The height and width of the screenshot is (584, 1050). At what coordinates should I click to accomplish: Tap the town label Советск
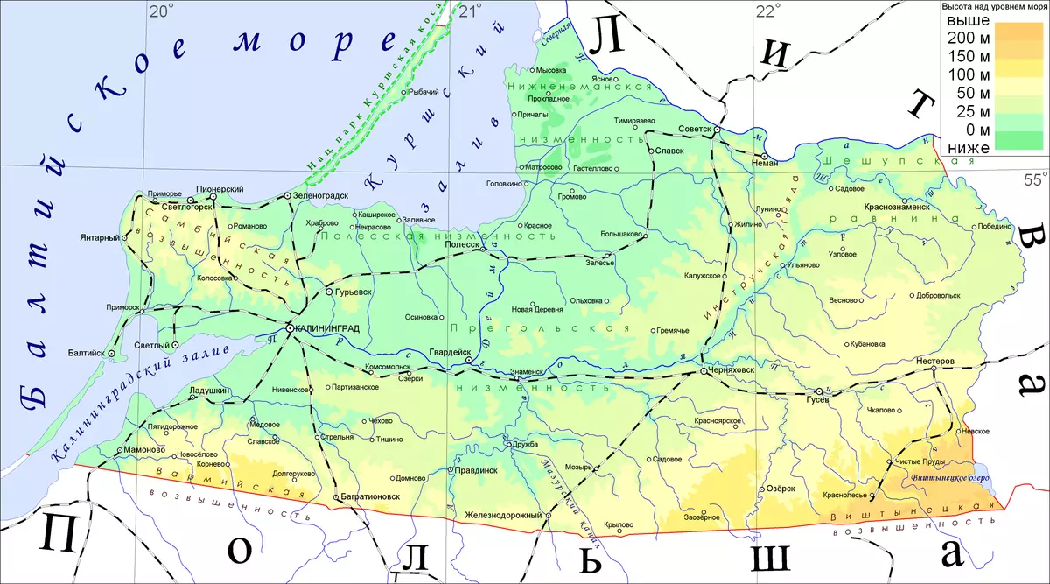click(696, 130)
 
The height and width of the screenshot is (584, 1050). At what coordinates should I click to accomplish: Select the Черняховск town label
click(734, 371)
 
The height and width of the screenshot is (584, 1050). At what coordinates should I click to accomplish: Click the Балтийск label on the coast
click(85, 354)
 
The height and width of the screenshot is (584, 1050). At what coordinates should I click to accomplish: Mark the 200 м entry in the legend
click(969, 39)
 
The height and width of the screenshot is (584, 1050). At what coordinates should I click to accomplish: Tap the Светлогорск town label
click(187, 208)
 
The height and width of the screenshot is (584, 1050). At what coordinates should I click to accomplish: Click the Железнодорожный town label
click(503, 515)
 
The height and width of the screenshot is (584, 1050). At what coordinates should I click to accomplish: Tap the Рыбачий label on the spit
click(423, 92)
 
